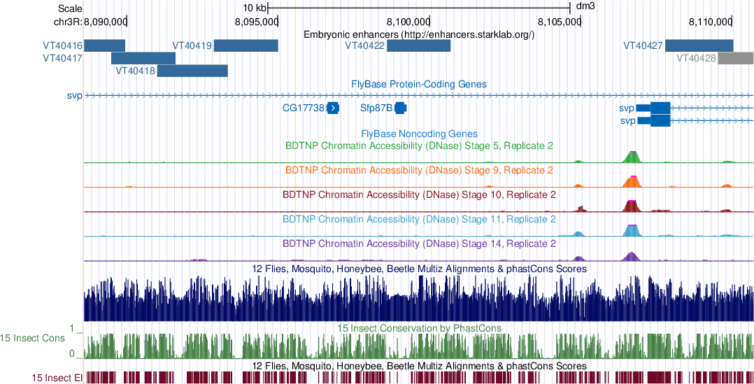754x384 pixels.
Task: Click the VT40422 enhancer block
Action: [418, 46]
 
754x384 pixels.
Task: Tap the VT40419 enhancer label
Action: [192, 46]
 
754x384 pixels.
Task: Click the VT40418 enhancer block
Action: [192, 71]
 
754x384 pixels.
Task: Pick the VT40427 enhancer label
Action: [643, 46]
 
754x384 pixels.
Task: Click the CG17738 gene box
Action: [333, 108]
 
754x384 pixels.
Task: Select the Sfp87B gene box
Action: [400, 108]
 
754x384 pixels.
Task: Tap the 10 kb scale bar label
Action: [255, 8]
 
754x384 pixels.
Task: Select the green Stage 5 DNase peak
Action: [632, 157]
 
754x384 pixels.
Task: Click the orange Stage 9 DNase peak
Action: [632, 182]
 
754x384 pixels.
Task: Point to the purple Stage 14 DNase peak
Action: [632, 256]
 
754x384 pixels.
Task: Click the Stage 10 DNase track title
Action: [419, 194]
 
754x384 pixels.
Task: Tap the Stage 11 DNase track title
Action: [419, 220]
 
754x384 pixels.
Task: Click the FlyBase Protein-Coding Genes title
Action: [419, 84]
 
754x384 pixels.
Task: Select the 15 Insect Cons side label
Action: [34, 338]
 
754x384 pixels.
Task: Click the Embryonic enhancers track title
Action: [419, 34]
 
